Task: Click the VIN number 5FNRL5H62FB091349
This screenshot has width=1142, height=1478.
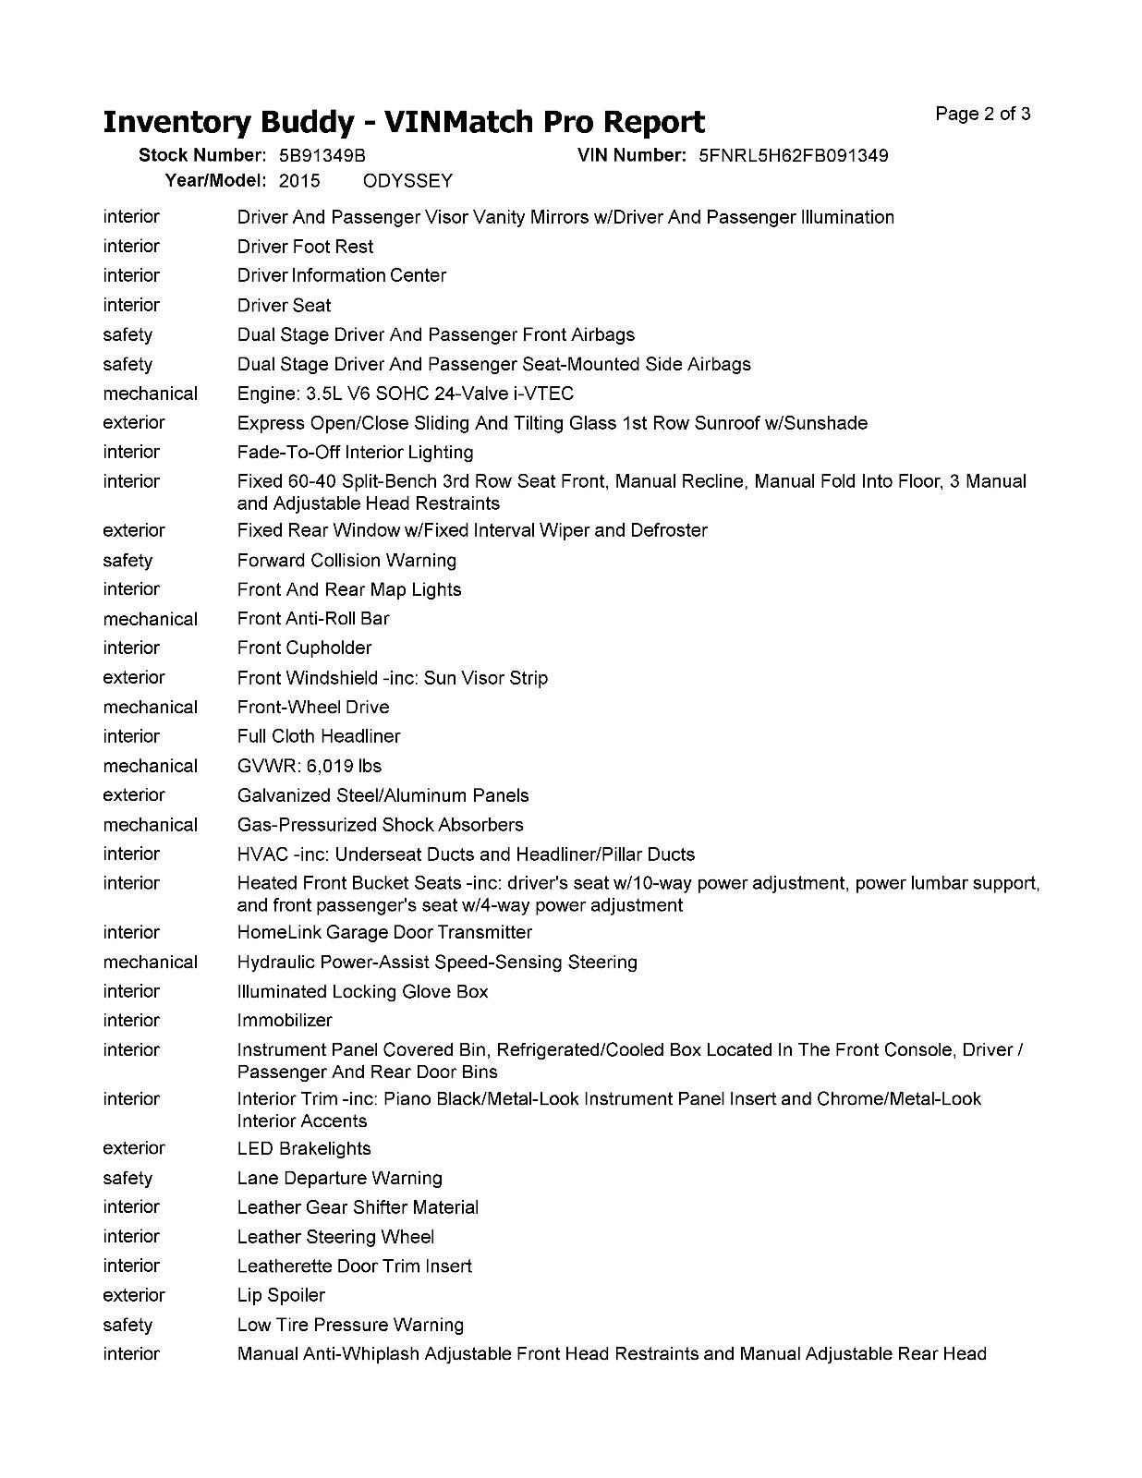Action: point(793,155)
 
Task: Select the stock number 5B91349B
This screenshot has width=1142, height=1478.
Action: point(322,155)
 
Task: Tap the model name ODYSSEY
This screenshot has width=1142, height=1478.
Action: point(407,181)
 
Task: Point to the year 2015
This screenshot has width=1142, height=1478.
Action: point(299,181)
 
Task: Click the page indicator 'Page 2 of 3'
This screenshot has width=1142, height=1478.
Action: point(982,115)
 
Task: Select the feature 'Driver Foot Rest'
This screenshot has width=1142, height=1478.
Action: point(305,247)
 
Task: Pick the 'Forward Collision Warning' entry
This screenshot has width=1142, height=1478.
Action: point(346,560)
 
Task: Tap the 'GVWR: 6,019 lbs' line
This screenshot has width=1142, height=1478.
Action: point(309,766)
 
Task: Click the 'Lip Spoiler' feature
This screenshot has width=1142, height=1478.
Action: point(281,1295)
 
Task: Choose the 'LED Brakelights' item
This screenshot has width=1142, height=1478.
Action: point(304,1148)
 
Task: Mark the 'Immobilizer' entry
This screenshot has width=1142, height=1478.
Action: point(285,1021)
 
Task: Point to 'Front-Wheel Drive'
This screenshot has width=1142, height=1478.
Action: point(313,707)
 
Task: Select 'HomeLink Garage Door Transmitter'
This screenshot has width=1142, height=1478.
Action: point(384,932)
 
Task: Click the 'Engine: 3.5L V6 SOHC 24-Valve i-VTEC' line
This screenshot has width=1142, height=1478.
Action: point(406,394)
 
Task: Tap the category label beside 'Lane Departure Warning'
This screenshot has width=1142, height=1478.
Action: point(128,1178)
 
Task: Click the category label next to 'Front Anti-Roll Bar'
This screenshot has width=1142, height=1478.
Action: point(150,619)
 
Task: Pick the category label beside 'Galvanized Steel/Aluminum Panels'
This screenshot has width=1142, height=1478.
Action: point(134,795)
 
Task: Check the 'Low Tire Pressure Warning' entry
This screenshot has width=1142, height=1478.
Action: point(350,1325)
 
